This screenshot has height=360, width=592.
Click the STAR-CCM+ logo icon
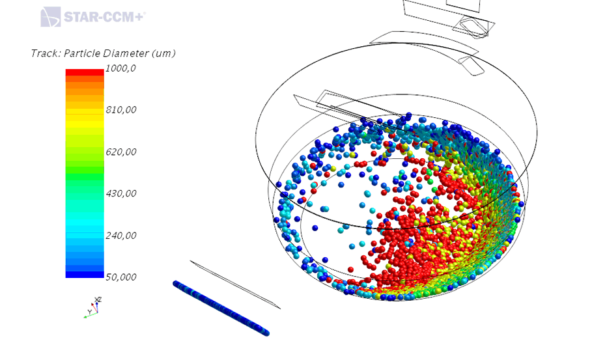[x=51, y=17]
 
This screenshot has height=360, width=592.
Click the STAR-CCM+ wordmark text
[x=105, y=17]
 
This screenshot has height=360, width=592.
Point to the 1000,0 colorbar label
[x=120, y=68]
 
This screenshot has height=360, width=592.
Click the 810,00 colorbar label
[x=121, y=110]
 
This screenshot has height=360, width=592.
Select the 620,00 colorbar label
[x=121, y=152]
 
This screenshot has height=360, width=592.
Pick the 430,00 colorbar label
[x=121, y=193]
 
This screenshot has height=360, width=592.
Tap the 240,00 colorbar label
[x=121, y=236]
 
